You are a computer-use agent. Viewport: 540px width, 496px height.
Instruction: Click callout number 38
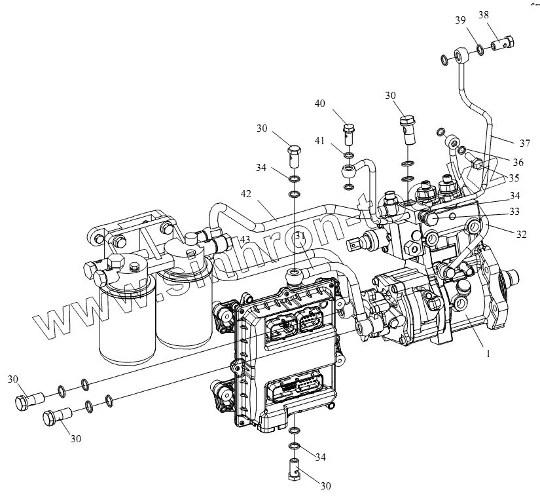click(x=501, y=15)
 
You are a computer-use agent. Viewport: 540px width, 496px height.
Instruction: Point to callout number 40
click(x=320, y=104)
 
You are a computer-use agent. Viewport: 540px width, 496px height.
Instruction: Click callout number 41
click(x=320, y=140)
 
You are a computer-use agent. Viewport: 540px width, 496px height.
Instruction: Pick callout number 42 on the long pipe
click(x=246, y=194)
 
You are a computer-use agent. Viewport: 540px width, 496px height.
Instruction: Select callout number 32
click(x=521, y=234)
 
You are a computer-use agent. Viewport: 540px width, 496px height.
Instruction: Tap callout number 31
click(x=300, y=236)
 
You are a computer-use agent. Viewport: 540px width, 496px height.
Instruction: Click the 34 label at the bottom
click(x=320, y=456)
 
